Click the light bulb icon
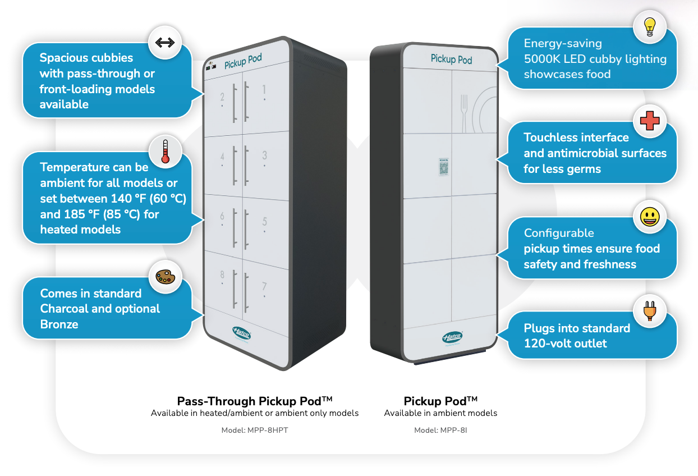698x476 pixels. [650, 26]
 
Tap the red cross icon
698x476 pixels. [650, 121]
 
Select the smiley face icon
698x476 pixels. [650, 217]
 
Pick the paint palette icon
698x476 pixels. [165, 277]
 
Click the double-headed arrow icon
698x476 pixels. [165, 43]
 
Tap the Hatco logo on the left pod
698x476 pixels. [242, 334]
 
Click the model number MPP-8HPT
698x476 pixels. [255, 431]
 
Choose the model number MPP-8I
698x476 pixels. [440, 431]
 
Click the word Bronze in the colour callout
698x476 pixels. [59, 324]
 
